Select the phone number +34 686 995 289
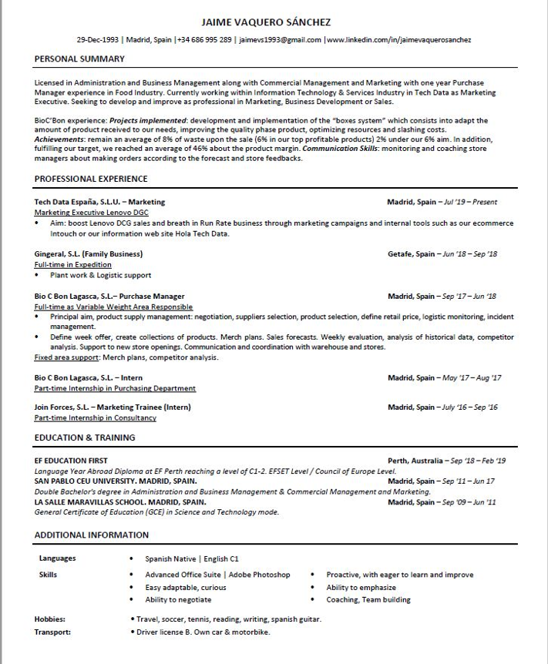pos(205,39)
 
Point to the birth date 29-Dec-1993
pos(99,39)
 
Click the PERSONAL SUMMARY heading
pos(79,59)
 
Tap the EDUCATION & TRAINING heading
pos(85,438)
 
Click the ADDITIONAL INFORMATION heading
pos(92,535)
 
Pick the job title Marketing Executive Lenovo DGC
pos(91,212)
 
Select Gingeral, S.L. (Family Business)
pos(89,253)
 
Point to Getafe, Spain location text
pos(411,253)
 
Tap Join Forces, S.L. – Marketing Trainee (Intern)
pos(113,407)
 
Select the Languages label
pos(57,558)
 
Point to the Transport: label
pos(52,632)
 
